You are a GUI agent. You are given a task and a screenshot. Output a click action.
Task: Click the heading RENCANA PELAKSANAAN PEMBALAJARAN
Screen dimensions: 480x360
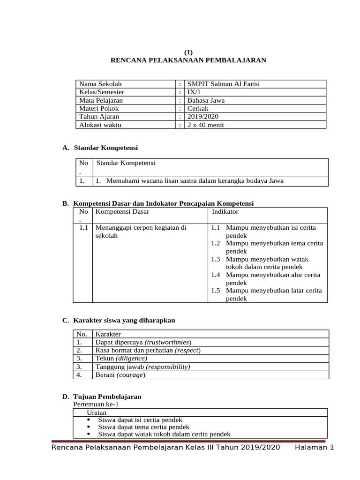click(x=188, y=60)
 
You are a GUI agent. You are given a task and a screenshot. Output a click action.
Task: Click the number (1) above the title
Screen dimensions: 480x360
click(x=188, y=52)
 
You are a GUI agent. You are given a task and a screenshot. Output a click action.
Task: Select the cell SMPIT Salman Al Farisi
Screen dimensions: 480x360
click(x=223, y=84)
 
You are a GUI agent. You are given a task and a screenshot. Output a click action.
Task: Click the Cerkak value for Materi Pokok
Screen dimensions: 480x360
click(x=197, y=108)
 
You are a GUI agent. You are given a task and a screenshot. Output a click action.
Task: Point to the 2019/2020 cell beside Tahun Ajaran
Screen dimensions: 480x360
click(x=202, y=116)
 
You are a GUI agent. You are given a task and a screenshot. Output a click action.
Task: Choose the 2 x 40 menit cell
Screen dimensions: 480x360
click(x=204, y=125)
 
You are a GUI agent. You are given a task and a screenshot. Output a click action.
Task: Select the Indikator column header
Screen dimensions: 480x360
click(x=225, y=211)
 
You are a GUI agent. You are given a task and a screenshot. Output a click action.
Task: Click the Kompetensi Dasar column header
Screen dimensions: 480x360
click(x=122, y=212)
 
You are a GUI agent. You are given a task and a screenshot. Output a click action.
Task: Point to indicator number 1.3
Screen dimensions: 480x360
click(x=215, y=259)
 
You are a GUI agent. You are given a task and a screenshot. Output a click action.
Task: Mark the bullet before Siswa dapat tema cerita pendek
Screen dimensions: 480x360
click(x=90, y=427)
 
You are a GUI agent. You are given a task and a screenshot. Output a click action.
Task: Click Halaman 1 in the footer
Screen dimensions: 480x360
click(x=314, y=448)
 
